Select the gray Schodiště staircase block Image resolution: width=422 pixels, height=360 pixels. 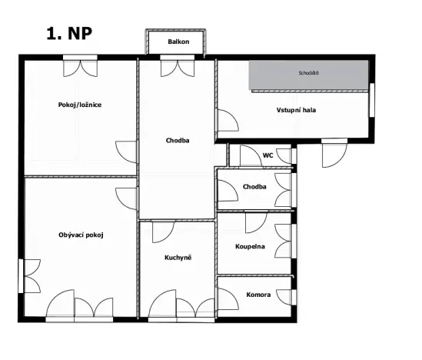pyautogui.click(x=308, y=74)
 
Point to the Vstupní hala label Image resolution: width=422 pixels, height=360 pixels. pyautogui.click(x=297, y=111)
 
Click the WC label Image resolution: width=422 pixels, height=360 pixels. pyautogui.click(x=267, y=155)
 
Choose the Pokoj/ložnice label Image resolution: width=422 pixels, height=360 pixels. pyautogui.click(x=80, y=105)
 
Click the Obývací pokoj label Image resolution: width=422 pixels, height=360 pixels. pyautogui.click(x=81, y=235)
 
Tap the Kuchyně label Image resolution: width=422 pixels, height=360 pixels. pyautogui.click(x=178, y=257)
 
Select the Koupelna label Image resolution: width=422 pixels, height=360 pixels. pyautogui.click(x=251, y=247)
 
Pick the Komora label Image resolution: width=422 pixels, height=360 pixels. pyautogui.click(x=258, y=295)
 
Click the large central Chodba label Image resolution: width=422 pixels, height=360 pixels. pyautogui.click(x=178, y=141)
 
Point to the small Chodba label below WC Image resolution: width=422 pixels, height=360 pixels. pyautogui.click(x=254, y=187)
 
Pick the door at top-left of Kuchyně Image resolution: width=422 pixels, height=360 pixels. pyautogui.click(x=161, y=231)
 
